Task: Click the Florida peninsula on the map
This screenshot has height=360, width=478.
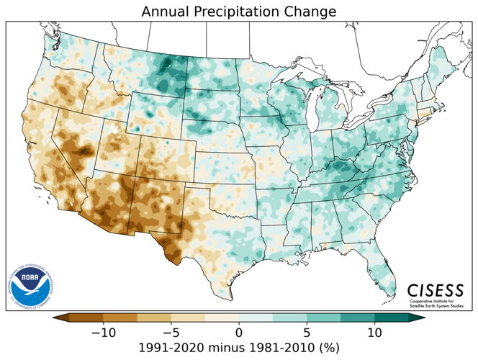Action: coord(379,266)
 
